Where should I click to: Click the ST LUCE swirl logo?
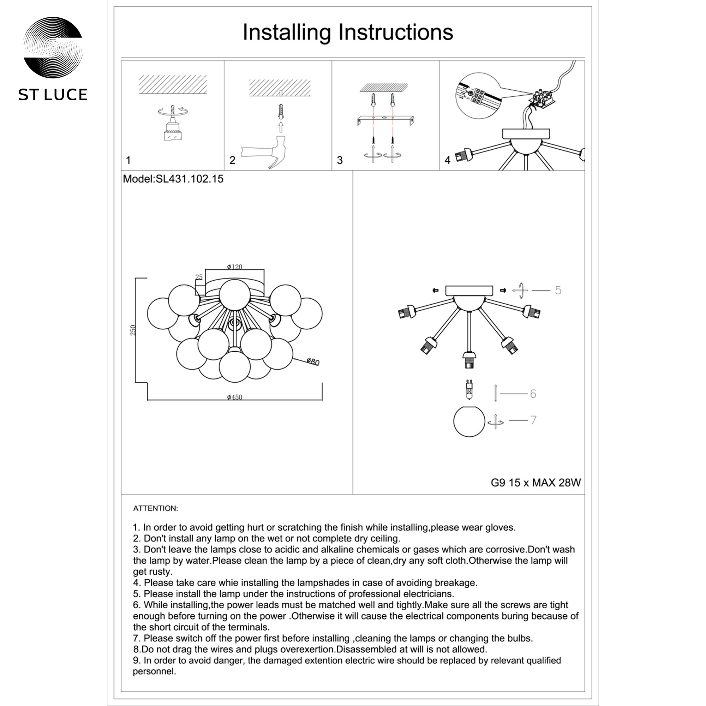[x=53, y=47]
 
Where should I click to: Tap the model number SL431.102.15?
[x=189, y=179]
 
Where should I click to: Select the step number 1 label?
[x=128, y=160]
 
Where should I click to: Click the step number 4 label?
[x=447, y=160]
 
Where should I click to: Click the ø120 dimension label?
[x=235, y=267]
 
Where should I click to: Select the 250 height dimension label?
[x=133, y=330]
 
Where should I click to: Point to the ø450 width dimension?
[x=235, y=397]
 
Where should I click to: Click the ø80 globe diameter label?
[x=313, y=362]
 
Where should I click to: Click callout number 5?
[x=558, y=290]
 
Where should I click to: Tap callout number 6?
[x=533, y=394]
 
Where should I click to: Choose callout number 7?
[x=533, y=420]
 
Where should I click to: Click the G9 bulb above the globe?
[x=469, y=390]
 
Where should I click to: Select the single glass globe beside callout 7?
[x=469, y=421]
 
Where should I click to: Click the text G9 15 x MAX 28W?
[x=536, y=483]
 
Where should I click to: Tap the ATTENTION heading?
[x=155, y=508]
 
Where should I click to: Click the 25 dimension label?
[x=199, y=277]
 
